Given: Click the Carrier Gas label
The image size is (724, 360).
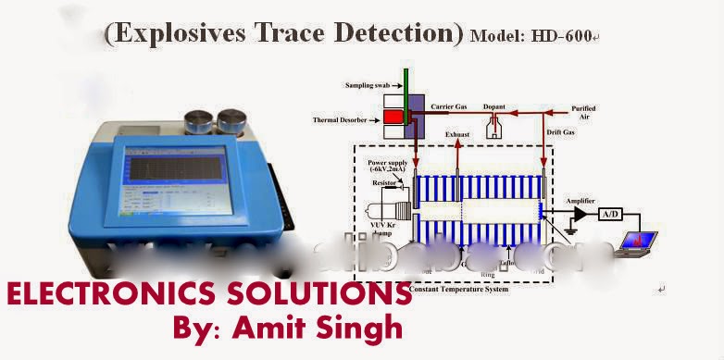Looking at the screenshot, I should (x=454, y=107).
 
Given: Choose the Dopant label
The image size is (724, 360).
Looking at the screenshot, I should (x=495, y=107).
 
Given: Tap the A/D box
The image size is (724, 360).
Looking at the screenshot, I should (x=610, y=214).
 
